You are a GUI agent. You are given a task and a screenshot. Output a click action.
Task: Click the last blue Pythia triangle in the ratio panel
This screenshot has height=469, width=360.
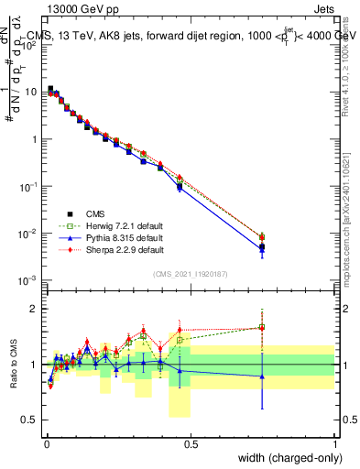click(262, 376)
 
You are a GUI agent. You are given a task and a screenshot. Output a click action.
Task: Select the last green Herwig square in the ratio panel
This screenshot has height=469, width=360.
click(262, 327)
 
